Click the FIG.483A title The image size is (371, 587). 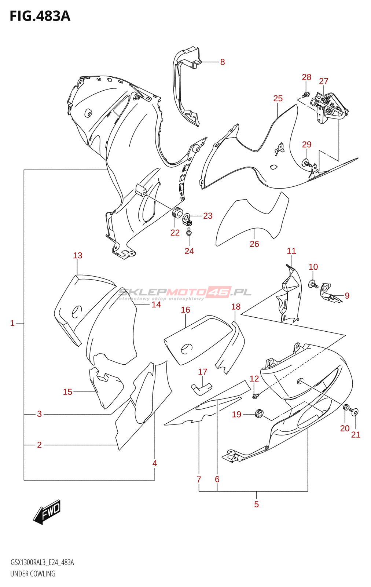point(40,16)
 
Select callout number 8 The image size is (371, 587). point(223,62)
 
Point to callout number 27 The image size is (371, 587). point(323,81)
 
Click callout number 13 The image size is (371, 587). point(77,255)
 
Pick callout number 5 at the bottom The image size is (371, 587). point(256,504)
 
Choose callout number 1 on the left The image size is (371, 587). point(12,323)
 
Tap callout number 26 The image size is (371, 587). point(254,244)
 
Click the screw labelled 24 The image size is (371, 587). point(189,232)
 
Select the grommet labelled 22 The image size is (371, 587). point(177,212)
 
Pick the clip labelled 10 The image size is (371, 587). point(313,284)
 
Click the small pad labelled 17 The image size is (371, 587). point(201,389)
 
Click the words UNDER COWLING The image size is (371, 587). point(33,574)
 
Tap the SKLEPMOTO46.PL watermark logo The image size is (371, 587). point(184,292)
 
